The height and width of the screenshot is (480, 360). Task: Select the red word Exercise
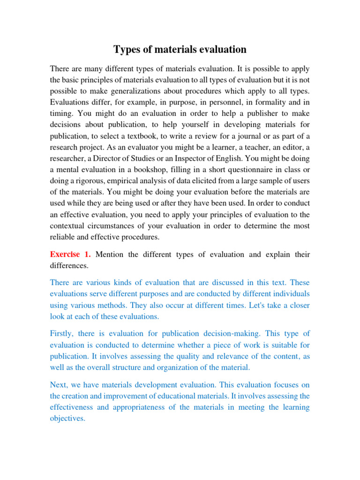65,255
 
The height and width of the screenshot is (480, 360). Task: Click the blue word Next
59,384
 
